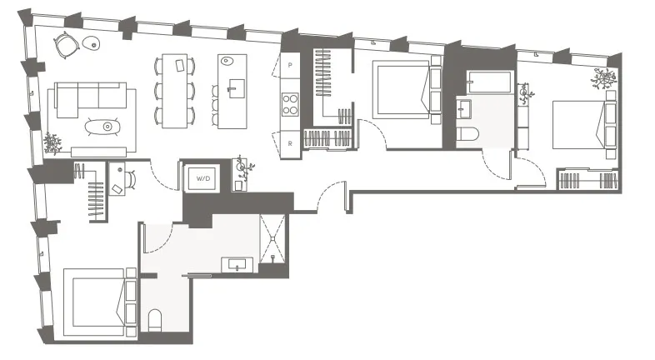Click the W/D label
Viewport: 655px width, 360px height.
pyautogui.click(x=202, y=177)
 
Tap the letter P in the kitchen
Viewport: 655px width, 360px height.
pyautogui.click(x=290, y=64)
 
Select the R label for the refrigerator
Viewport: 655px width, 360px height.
pyautogui.click(x=290, y=142)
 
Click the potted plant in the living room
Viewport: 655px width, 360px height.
pyautogui.click(x=52, y=142)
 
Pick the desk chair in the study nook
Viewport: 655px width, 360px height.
pyautogui.click(x=116, y=187)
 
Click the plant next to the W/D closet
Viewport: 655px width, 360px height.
pyautogui.click(x=243, y=167)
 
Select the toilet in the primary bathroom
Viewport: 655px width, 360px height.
pyautogui.click(x=155, y=320)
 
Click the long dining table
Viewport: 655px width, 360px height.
pyautogui.click(x=175, y=91)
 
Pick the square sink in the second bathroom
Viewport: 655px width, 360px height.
pyautogui.click(x=465, y=107)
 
